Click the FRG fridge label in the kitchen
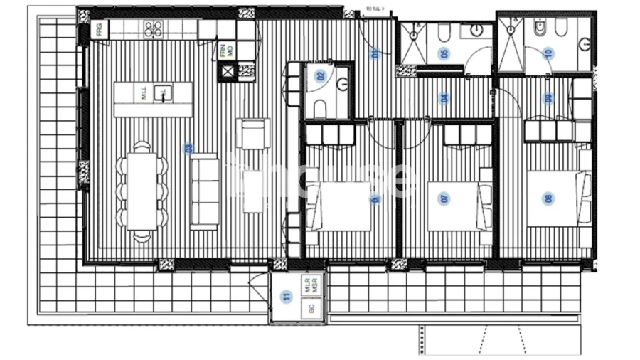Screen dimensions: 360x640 pyautogui.click(x=99, y=30)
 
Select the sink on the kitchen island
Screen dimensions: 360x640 pyautogui.click(x=163, y=93)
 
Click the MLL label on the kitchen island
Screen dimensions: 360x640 pyautogui.click(x=143, y=94)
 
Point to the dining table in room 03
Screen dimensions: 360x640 pyautogui.click(x=142, y=191)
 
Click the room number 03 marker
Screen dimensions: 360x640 pyautogui.click(x=188, y=149)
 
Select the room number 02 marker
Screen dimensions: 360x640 pyautogui.click(x=320, y=76)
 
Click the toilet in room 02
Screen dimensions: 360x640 pyautogui.click(x=319, y=108)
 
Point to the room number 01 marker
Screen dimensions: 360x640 pyautogui.click(x=375, y=52)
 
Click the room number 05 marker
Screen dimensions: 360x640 pyautogui.click(x=444, y=53)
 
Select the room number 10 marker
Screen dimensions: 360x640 pyautogui.click(x=548, y=53)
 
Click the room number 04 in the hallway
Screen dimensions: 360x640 pyautogui.click(x=444, y=99)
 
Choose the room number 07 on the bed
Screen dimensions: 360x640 pyautogui.click(x=445, y=199)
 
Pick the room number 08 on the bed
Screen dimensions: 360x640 pyautogui.click(x=548, y=199)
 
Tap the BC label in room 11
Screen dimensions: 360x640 pyautogui.click(x=311, y=309)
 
